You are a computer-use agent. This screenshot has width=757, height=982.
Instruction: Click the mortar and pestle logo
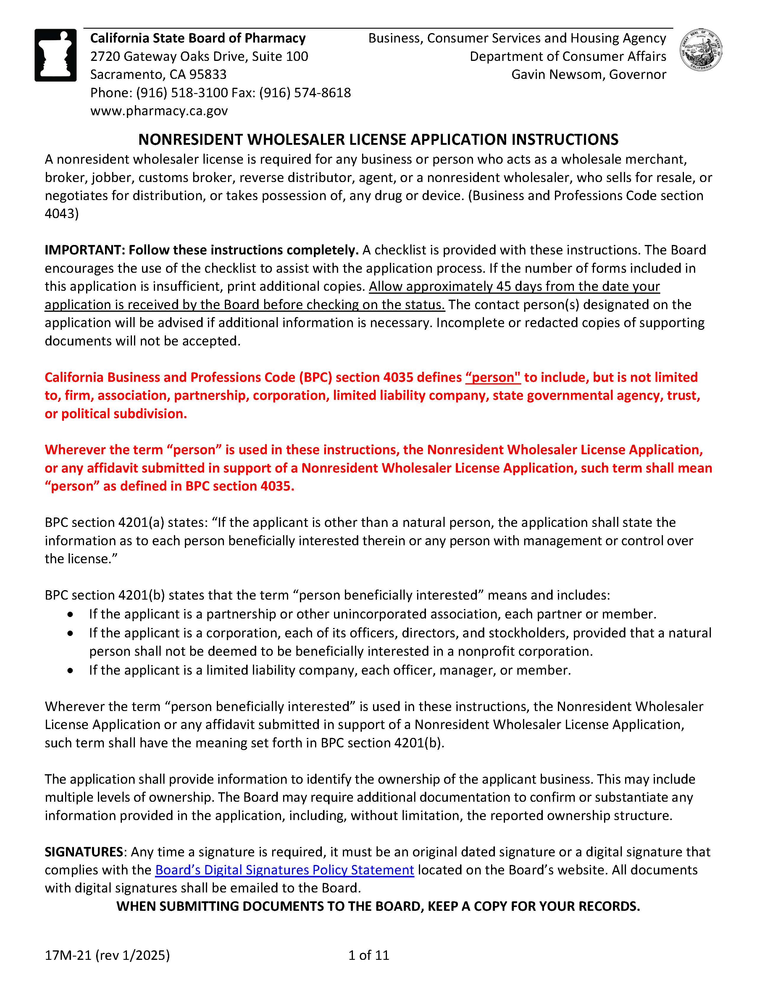click(x=55, y=55)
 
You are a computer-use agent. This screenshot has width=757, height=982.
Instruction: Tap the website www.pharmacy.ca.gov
click(x=159, y=111)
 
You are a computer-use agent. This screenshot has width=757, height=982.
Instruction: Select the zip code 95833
click(x=207, y=75)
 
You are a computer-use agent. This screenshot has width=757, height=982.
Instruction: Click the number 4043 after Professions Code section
click(x=61, y=214)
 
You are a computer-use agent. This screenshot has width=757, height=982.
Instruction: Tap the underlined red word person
click(x=493, y=377)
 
